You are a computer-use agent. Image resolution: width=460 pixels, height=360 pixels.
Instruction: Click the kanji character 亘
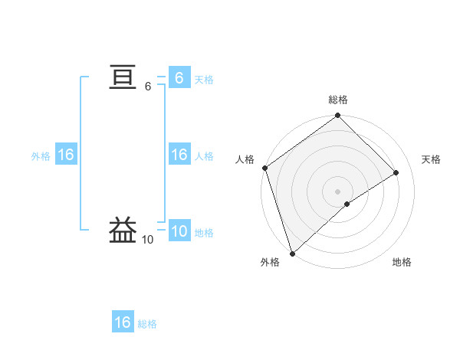[123, 78]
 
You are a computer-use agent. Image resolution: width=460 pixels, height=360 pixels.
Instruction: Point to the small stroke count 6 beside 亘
[148, 87]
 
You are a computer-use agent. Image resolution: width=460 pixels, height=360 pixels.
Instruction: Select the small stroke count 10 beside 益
[147, 240]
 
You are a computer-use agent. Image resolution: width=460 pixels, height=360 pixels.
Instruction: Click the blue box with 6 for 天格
[179, 78]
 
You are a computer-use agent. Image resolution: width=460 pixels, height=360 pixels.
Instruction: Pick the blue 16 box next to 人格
[179, 155]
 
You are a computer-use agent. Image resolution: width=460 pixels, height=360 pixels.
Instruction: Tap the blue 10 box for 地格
[179, 231]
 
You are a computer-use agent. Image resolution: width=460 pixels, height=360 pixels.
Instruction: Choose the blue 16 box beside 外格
[65, 155]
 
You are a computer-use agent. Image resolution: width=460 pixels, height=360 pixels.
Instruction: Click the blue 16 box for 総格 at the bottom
[123, 322]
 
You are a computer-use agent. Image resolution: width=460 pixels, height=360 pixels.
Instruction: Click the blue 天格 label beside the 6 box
[204, 80]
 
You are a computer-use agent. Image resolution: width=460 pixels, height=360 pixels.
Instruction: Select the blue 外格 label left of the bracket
[41, 156]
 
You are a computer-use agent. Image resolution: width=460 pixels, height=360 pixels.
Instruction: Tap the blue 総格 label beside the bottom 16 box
[147, 324]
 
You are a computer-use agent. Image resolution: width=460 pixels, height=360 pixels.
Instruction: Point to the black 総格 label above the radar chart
[338, 100]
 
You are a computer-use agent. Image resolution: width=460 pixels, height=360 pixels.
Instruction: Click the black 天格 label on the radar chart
[431, 159]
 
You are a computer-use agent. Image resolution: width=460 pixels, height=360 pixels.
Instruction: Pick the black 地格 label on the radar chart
[402, 262]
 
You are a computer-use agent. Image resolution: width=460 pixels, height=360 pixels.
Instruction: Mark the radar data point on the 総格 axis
[338, 116]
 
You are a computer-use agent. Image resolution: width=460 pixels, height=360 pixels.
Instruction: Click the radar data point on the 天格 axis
[396, 173]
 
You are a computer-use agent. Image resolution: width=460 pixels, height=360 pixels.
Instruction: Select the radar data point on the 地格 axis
[347, 204]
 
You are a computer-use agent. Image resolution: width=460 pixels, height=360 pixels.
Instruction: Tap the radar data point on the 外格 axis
[291, 253]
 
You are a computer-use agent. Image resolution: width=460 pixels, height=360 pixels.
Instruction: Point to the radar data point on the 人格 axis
[264, 168]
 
